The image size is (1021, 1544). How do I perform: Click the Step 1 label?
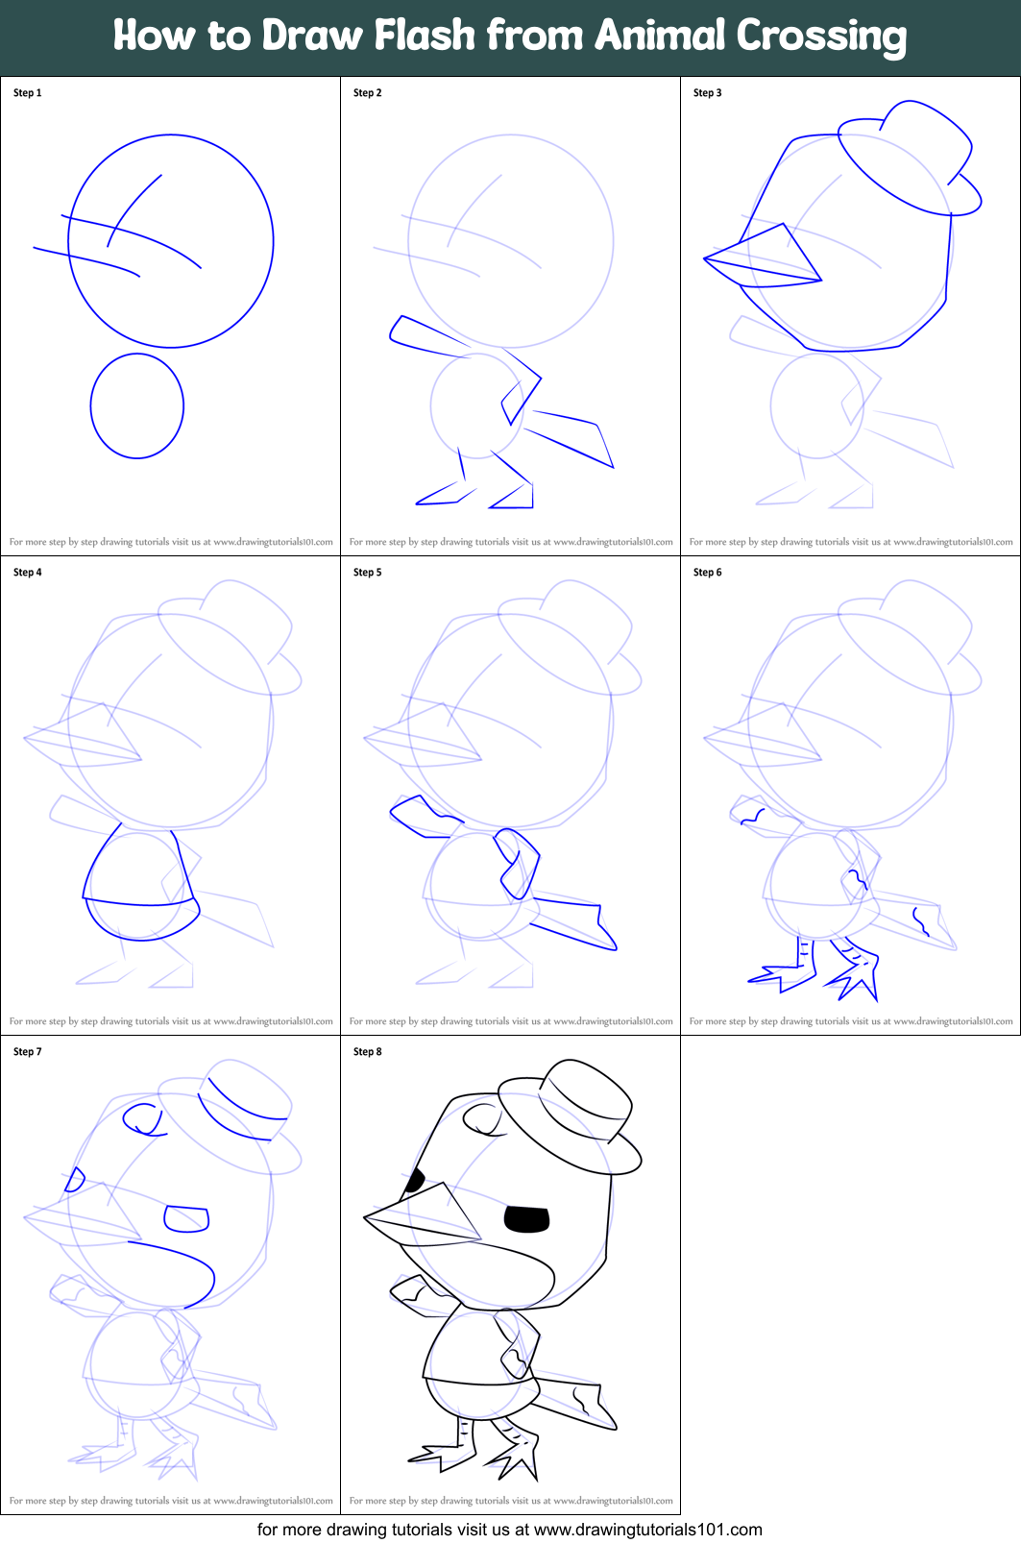coord(27,93)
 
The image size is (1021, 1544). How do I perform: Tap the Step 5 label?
coord(367,573)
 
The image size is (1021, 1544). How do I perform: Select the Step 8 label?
coord(367,1052)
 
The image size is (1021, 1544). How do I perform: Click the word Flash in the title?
coord(425,36)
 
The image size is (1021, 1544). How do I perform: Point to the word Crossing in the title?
coord(821,36)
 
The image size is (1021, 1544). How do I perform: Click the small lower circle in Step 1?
coord(137,406)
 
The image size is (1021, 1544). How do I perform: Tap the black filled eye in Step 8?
coord(526,1219)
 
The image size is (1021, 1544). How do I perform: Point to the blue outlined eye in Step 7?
coord(186,1218)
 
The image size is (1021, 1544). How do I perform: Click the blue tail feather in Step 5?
coord(573,922)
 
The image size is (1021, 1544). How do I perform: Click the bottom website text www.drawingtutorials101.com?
coord(647,1530)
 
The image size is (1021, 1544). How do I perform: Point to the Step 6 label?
coord(707,573)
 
